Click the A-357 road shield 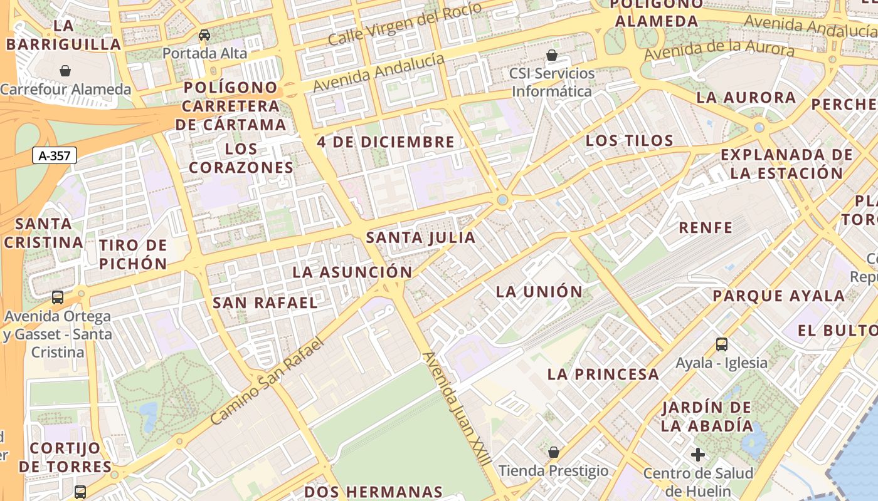(55, 156)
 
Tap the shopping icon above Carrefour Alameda (65, 71)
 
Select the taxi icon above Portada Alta (204, 35)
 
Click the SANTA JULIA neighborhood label (421, 238)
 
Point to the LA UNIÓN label (539, 292)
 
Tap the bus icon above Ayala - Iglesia (722, 344)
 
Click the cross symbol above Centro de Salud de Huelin (698, 455)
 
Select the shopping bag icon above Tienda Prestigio (554, 452)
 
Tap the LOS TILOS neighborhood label (629, 141)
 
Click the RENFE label (706, 227)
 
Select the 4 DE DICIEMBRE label (386, 142)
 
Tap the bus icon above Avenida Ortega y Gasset (58, 297)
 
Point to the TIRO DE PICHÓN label (133, 254)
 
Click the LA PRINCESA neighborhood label (603, 374)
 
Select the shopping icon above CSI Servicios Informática (552, 55)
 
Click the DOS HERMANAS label (374, 492)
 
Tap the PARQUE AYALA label (778, 296)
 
